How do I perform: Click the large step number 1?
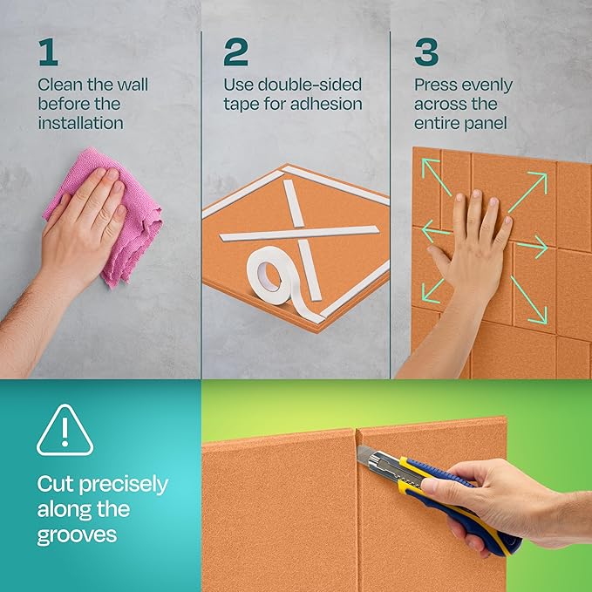click(x=47, y=52)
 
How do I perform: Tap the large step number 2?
click(x=235, y=52)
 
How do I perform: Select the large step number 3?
click(x=426, y=52)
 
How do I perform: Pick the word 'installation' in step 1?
click(x=80, y=123)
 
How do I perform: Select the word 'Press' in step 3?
click(x=436, y=85)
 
